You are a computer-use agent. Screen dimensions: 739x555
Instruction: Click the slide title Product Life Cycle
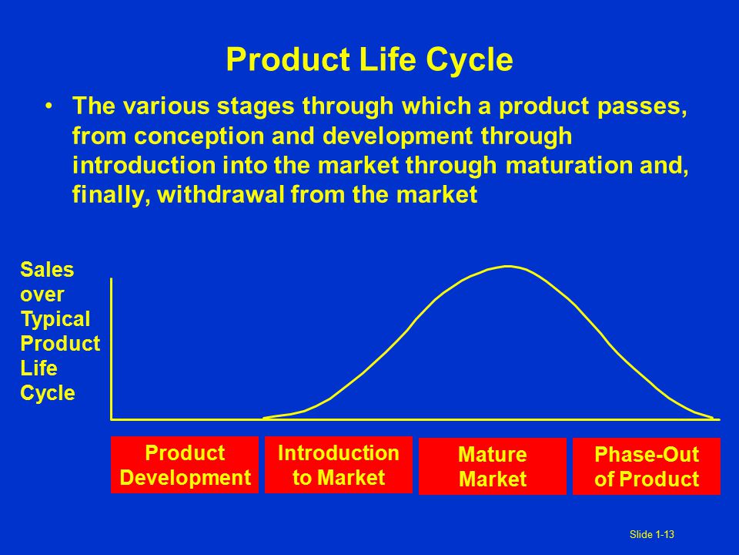point(369,60)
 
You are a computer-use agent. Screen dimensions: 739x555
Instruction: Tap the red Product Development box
point(185,465)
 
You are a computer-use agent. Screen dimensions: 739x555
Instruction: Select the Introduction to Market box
point(339,465)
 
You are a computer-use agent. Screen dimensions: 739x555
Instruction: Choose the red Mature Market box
point(493,466)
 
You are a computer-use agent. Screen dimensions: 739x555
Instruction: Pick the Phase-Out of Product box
point(647,466)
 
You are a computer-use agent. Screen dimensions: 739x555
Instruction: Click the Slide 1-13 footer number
point(652,534)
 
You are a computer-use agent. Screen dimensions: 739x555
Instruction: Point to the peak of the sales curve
point(508,267)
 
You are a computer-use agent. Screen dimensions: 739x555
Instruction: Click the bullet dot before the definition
point(49,106)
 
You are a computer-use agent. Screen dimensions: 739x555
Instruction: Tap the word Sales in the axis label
point(47,270)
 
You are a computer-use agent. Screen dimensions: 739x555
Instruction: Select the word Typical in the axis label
point(55,319)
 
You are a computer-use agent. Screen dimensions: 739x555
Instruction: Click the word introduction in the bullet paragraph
point(144,166)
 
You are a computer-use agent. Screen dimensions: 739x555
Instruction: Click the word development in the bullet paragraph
point(398,136)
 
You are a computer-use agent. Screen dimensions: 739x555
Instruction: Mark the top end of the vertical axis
point(111,279)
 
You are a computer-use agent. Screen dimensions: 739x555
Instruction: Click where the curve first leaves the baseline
point(263,418)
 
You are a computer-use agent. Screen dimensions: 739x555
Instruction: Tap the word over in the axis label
point(42,295)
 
